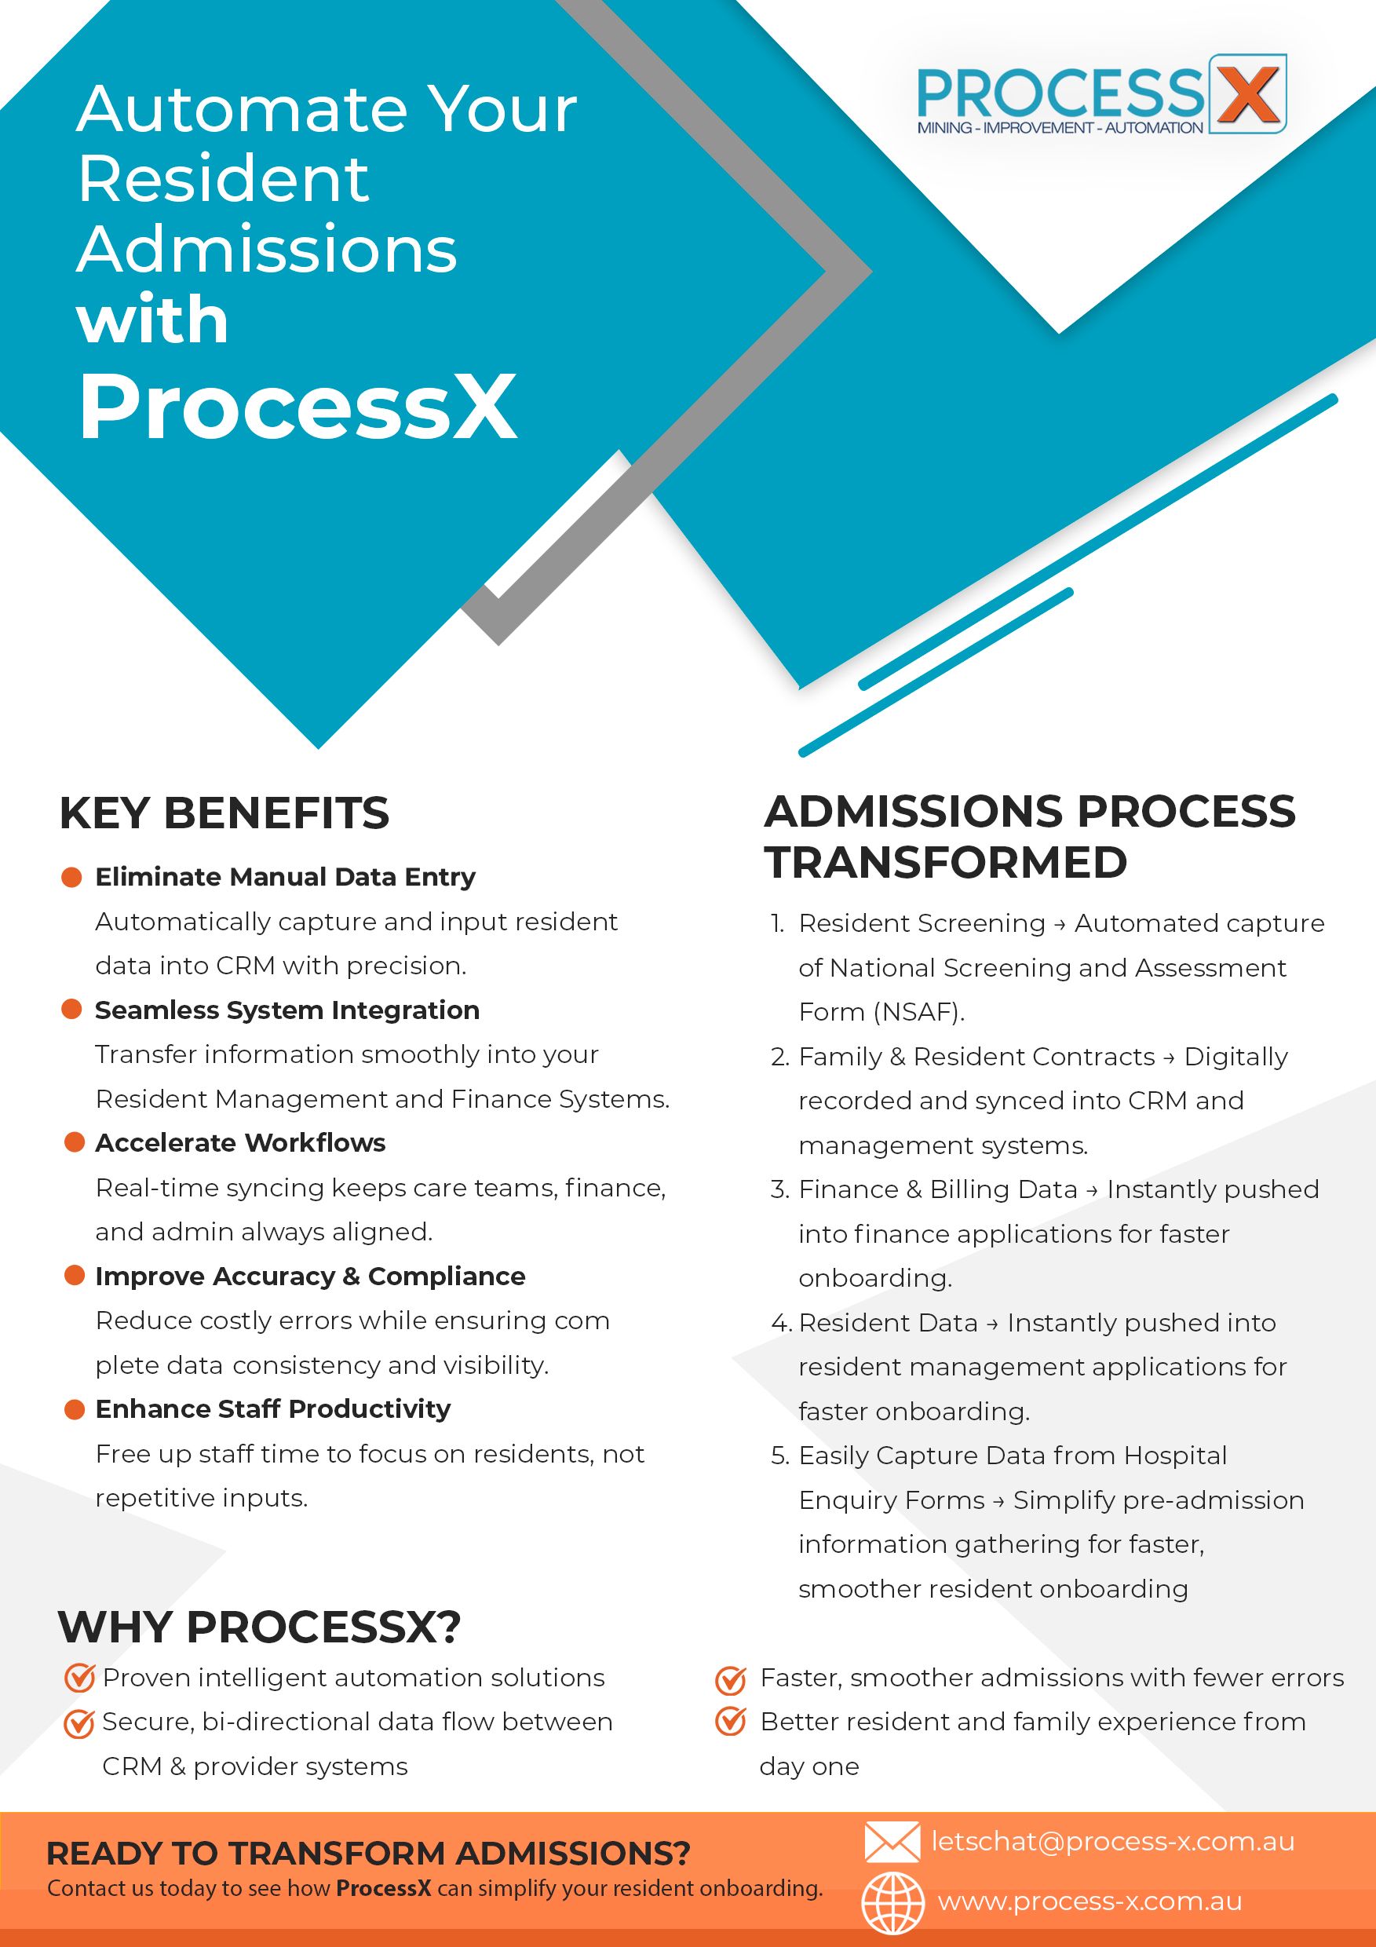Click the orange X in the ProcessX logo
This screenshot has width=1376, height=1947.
coord(1248,93)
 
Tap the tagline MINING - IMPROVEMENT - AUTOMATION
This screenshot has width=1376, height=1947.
coord(1060,128)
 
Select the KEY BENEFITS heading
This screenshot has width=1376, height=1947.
coord(224,813)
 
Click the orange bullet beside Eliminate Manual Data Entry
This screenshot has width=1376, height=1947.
coord(72,877)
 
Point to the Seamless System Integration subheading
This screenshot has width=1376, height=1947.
coord(287,1010)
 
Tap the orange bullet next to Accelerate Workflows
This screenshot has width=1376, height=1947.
coord(75,1142)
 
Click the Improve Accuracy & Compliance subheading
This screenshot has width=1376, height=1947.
coord(310,1277)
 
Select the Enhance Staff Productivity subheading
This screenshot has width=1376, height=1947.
coord(273,1408)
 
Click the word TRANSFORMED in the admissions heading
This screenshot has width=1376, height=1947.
coord(946,863)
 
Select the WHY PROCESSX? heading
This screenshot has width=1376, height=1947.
coord(260,1627)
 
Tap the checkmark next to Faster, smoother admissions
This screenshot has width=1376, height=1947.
coord(730,1679)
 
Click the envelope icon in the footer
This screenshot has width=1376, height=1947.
coord(892,1843)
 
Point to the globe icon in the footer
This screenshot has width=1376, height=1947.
coord(892,1902)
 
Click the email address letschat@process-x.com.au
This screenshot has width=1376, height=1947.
coord(1113,1841)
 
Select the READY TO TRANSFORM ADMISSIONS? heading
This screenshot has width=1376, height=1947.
coord(368,1854)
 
